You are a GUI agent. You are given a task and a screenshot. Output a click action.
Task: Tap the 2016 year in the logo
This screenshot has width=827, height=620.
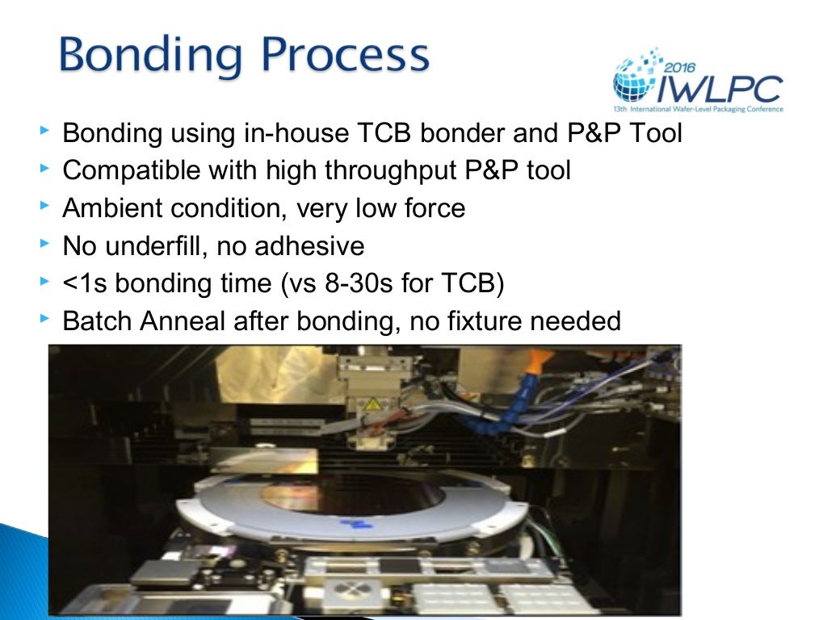(683, 70)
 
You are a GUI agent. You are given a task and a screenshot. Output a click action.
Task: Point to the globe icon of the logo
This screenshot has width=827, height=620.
(630, 81)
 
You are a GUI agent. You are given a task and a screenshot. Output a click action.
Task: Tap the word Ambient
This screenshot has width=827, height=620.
(112, 208)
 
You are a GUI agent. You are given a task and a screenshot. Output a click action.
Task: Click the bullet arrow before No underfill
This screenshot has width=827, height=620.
(44, 245)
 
